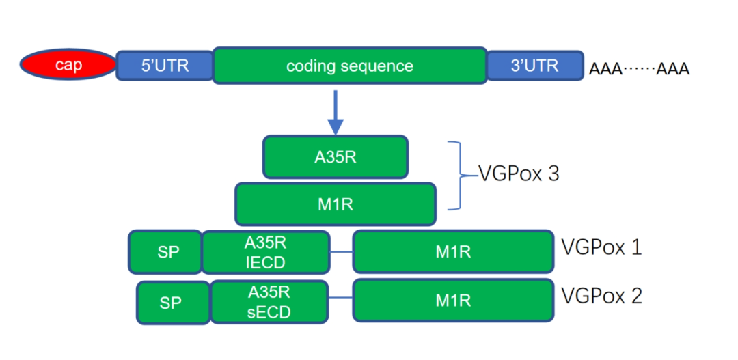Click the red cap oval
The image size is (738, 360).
[68, 65]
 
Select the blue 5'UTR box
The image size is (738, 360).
[165, 66]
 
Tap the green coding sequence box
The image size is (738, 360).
[350, 66]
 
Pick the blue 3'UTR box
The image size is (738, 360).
[534, 66]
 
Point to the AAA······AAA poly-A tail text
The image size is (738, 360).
[639, 69]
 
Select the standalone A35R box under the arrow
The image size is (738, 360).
[335, 156]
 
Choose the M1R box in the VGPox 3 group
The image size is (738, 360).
[335, 204]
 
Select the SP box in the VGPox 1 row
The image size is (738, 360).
[165, 251]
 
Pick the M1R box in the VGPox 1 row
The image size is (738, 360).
[453, 251]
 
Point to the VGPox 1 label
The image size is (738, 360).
[601, 247]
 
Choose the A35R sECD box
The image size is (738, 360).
[269, 302]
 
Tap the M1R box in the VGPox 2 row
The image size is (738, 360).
[453, 300]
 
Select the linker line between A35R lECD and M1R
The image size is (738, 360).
[341, 252]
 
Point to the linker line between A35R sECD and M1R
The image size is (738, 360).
[341, 300]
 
